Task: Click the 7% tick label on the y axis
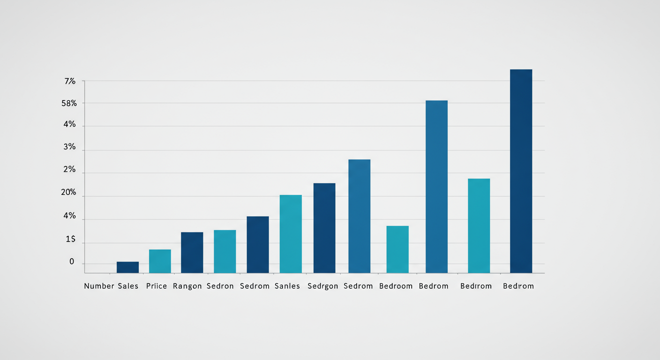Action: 70,82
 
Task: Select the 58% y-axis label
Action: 69,104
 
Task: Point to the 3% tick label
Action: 69,147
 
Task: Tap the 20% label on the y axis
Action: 68,193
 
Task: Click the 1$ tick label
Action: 70,240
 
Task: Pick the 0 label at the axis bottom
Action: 72,262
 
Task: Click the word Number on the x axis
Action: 99,286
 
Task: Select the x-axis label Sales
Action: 128,286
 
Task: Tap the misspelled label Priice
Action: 157,286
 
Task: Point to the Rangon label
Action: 187,286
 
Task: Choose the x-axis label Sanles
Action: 287,286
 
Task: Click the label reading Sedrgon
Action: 323,286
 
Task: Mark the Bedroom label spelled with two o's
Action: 396,286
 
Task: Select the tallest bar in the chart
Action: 521,171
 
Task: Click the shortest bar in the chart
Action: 127,267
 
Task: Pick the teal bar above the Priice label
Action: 160,261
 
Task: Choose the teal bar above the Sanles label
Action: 291,234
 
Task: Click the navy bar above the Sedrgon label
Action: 324,228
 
